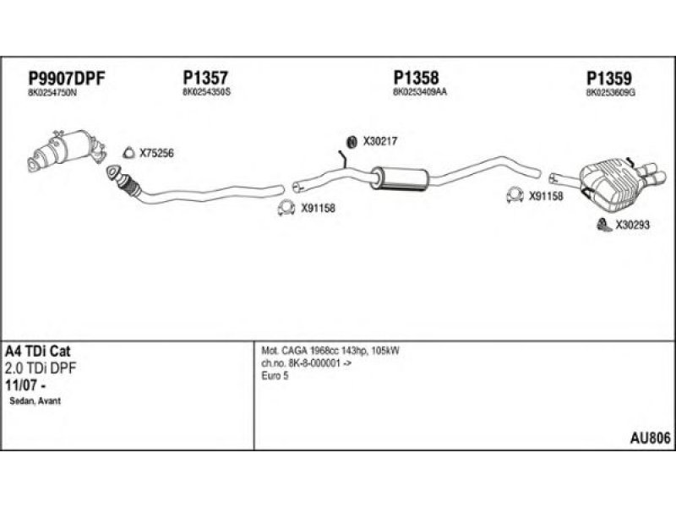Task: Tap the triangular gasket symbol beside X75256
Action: (x=129, y=153)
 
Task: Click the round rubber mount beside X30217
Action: (x=352, y=141)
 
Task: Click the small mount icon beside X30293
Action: (x=602, y=224)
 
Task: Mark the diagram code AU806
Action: (x=651, y=437)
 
